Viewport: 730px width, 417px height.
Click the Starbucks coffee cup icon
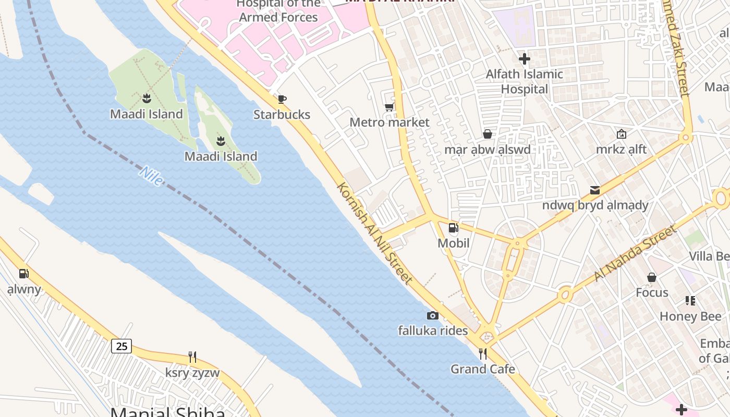(x=282, y=99)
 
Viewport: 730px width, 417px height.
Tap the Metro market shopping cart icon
(x=389, y=107)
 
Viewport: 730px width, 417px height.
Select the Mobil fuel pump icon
(x=453, y=227)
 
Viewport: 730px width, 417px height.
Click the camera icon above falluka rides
(x=432, y=315)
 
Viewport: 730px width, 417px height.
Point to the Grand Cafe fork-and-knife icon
(x=483, y=354)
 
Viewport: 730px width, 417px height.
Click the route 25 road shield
(x=121, y=346)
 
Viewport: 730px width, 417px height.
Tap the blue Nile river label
(x=152, y=176)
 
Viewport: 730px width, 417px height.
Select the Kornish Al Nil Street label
(x=375, y=233)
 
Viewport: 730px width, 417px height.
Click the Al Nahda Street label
(x=635, y=253)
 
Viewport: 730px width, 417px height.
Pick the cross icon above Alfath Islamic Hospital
(x=525, y=59)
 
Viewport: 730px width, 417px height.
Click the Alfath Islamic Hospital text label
(x=525, y=82)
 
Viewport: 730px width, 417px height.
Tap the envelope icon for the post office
(x=595, y=190)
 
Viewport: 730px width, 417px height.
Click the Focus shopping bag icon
(x=652, y=277)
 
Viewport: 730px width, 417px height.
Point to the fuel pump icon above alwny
(x=23, y=274)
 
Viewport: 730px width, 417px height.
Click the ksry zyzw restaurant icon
(x=192, y=357)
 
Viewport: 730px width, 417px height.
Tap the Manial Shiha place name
(x=168, y=412)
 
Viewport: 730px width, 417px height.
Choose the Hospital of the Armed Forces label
(x=278, y=10)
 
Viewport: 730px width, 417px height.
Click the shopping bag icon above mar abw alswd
(x=488, y=134)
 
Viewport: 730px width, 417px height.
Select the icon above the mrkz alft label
(x=621, y=134)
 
